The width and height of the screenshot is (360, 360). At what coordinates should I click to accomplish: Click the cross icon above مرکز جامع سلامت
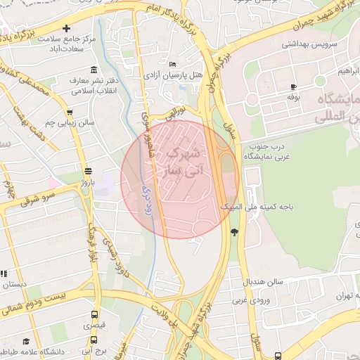66,29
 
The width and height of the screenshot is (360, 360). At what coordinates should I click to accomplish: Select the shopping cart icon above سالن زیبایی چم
69,112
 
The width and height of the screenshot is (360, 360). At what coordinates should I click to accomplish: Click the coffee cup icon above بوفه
293,86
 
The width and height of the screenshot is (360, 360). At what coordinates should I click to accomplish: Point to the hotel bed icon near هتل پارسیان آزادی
173,65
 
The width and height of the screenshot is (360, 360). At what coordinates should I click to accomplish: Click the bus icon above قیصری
94,315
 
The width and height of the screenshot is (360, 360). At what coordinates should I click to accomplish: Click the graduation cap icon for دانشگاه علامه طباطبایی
26,340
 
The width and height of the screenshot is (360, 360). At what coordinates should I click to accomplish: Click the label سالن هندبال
264,281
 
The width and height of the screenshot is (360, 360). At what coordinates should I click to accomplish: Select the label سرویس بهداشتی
310,44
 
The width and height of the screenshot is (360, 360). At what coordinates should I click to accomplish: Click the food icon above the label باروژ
88,171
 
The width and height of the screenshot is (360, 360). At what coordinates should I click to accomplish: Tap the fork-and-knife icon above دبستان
3,274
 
